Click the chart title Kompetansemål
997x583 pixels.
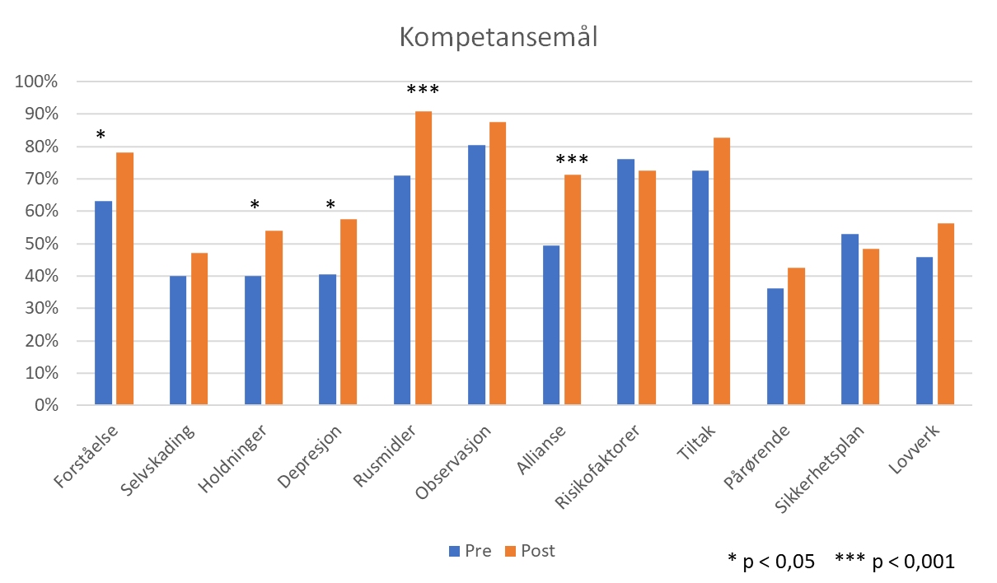coord(498,37)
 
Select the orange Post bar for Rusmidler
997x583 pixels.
coord(424,258)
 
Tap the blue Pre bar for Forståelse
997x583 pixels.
coord(103,303)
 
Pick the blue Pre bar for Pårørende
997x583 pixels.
coord(775,347)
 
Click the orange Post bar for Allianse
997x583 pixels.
coord(573,290)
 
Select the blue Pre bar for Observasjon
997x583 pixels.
coord(477,275)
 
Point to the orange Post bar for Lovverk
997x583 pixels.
coord(946,314)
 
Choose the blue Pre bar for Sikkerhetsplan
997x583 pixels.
coord(850,319)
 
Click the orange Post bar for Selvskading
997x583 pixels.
coord(199,329)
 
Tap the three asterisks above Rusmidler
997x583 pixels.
coord(423,90)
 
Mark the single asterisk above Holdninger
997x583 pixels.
coord(255,205)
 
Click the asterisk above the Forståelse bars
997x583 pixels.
coord(101,135)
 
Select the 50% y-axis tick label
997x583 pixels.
coord(41,244)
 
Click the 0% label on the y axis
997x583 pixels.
coord(46,405)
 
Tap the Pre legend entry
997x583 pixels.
coord(470,551)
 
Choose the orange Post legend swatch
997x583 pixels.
coord(511,552)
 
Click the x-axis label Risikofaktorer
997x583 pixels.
coord(597,466)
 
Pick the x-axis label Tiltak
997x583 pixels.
coord(695,442)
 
